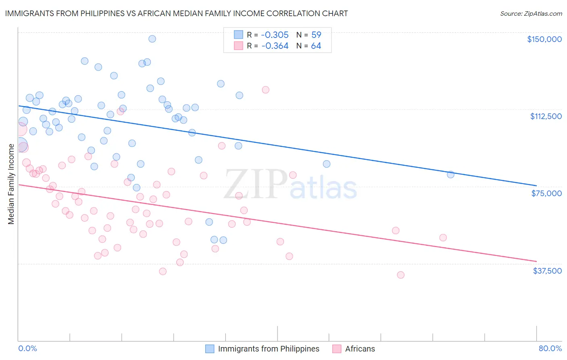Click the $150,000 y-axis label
[544, 39]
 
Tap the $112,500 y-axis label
[546, 116]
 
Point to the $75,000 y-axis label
[546, 193]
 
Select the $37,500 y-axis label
[547, 271]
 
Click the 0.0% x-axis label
[27, 349]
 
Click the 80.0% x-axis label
[550, 349]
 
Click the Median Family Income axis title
[11, 184]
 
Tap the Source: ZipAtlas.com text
[531, 14]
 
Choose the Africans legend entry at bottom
[360, 349]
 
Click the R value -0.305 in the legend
[275, 35]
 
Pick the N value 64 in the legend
[316, 46]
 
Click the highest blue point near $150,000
[152, 39]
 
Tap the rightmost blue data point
[450, 174]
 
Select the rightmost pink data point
[443, 238]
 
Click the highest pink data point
[265, 90]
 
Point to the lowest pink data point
[400, 275]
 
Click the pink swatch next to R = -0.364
[238, 46]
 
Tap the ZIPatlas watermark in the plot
[290, 185]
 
